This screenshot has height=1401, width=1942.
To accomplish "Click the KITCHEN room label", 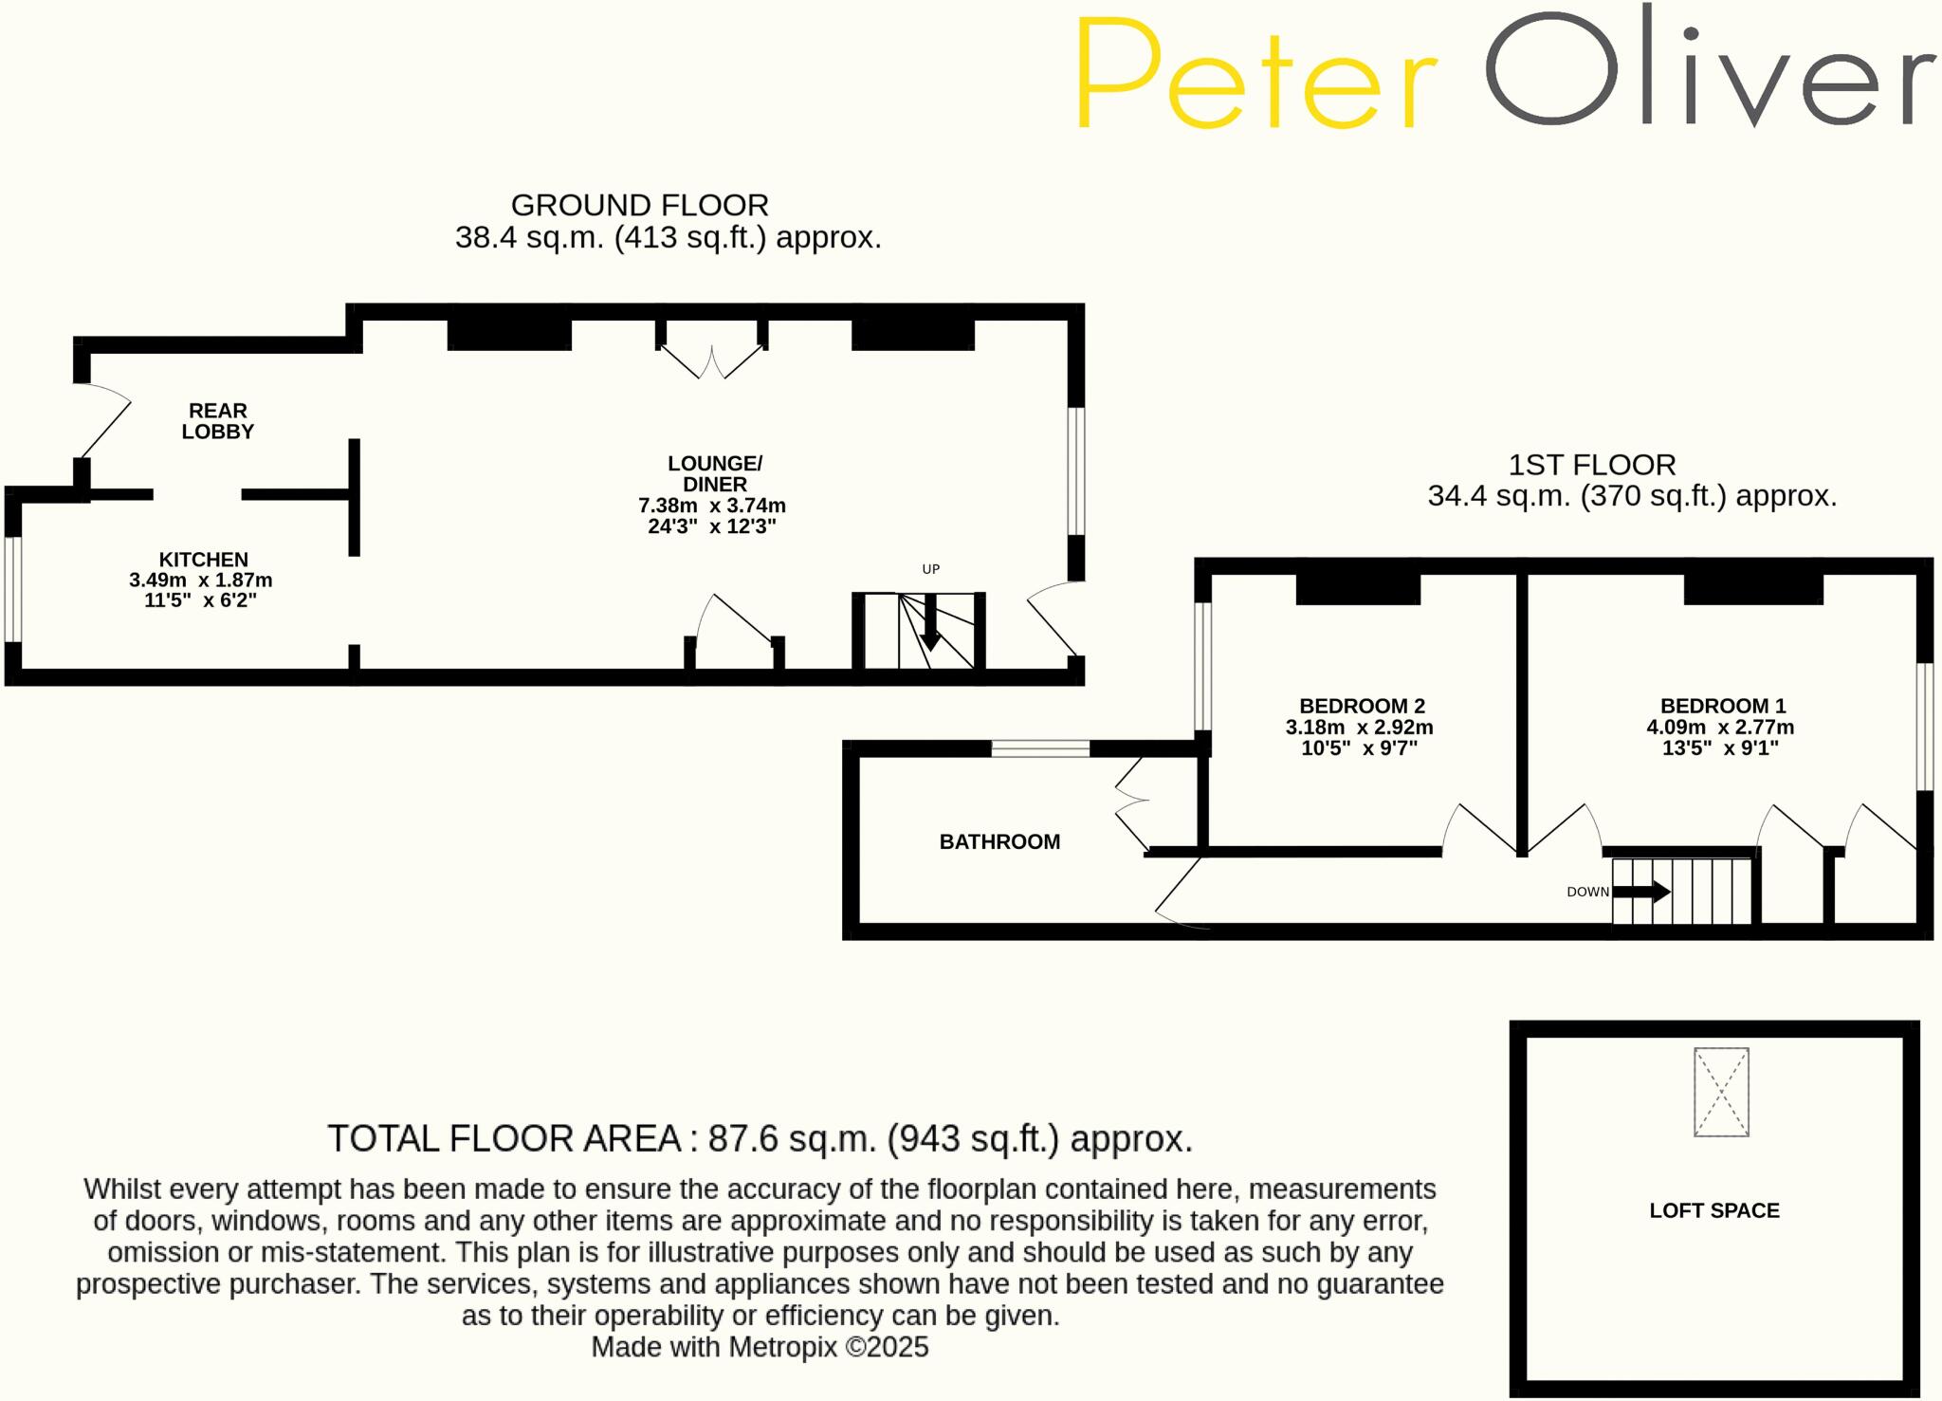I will click(x=203, y=560).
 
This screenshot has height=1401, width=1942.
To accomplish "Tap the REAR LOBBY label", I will click(x=218, y=421).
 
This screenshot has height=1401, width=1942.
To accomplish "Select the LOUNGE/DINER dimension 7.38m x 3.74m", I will click(x=711, y=506).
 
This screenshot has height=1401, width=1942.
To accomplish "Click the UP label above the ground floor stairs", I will click(x=930, y=569).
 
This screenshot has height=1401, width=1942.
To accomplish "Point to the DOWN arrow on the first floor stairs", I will click(x=1641, y=892).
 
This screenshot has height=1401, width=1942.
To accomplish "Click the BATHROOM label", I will click(x=999, y=841).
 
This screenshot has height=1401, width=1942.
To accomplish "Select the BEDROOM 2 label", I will click(x=1362, y=706).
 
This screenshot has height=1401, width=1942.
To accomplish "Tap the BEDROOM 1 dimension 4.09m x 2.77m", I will click(x=1720, y=728).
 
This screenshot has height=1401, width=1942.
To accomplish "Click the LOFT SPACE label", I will click(x=1714, y=1210).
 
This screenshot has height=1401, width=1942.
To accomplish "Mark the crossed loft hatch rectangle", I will click(x=1721, y=1092).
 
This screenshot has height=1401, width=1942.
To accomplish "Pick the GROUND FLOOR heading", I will click(x=639, y=205).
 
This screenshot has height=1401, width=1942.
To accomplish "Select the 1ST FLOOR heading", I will click(x=1592, y=465).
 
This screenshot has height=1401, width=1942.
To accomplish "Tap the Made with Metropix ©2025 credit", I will click(x=760, y=1347).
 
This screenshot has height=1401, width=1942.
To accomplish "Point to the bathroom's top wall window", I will click(x=1040, y=748).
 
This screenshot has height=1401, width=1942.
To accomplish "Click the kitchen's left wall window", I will click(x=12, y=589).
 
